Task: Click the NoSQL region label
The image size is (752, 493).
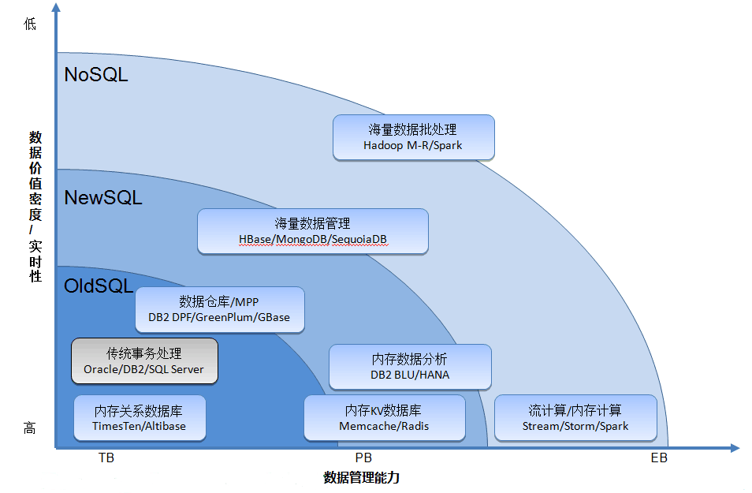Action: [96, 75]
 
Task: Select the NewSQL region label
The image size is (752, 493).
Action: [103, 197]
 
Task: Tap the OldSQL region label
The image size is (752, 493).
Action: [99, 286]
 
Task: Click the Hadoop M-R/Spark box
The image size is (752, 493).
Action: [413, 137]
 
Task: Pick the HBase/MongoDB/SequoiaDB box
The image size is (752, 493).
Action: [312, 231]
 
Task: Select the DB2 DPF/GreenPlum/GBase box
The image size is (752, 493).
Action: [219, 309]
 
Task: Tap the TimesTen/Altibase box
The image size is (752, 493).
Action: [140, 418]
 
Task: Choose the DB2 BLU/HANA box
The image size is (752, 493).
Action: [410, 367]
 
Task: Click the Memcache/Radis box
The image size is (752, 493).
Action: [384, 418]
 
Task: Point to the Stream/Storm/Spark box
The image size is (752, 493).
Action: [575, 418]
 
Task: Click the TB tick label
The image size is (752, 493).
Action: [106, 458]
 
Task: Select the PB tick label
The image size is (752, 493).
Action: [364, 458]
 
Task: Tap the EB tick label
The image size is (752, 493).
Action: [659, 458]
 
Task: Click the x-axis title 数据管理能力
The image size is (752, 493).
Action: [367, 477]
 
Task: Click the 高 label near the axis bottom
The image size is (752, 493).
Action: [30, 428]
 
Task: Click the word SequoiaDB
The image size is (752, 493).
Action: [359, 239]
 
